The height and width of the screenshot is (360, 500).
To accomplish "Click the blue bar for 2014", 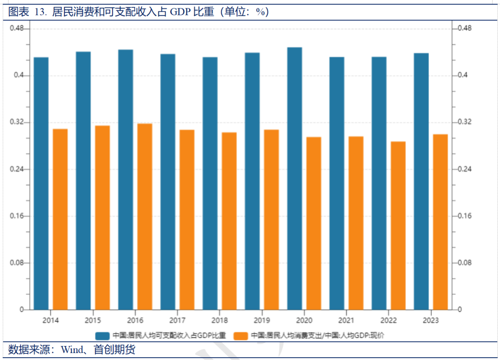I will pos(41,183).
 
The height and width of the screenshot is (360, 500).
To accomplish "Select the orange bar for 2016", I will pos(145,216).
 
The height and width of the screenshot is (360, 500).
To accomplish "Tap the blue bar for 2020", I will pos(294,178).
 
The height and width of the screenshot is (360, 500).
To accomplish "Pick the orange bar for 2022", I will pos(398,225).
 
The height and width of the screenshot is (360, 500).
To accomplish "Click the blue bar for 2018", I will pos(210,183).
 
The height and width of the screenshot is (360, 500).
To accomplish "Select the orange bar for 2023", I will pos(440,222).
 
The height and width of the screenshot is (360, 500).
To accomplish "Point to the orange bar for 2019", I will pos(271,220).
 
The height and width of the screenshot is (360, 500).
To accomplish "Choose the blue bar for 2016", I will pos(125,179).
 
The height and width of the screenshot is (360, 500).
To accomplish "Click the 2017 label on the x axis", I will pos(177,321).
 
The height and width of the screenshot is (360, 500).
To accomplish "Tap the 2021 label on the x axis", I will pos(346,321).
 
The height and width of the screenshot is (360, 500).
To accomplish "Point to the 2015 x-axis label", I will pos(93,321).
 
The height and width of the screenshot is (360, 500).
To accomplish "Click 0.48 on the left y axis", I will pos(17,29).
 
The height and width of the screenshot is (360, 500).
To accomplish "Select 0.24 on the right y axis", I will pos(464,169).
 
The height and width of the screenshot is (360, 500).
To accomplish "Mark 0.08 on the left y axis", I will pos(17,263).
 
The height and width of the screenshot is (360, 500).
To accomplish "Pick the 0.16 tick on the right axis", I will pos(464,216).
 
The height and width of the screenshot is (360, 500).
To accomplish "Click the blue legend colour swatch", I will pos(102,335).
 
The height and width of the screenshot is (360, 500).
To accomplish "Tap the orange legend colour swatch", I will pos(241,335).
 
